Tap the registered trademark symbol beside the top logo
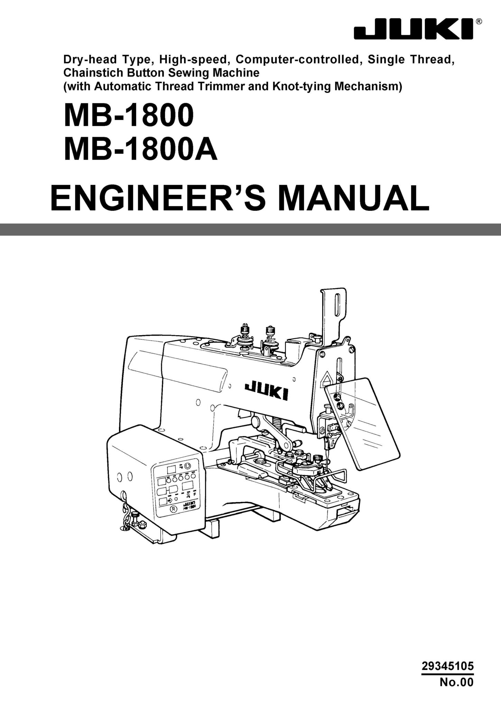[x=479, y=21]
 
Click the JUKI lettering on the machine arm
[x=267, y=392]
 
